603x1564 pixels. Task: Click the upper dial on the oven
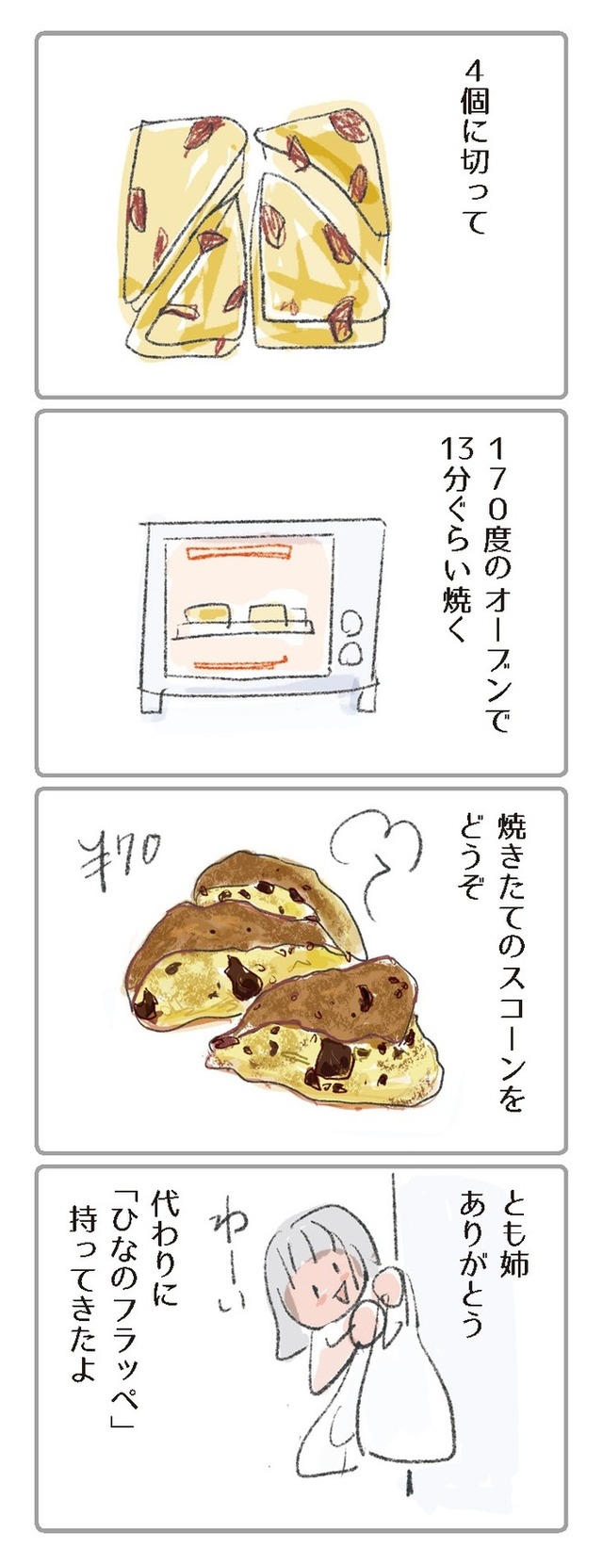click(351, 622)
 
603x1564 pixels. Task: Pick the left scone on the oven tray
click(206, 613)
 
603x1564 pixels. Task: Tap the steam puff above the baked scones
click(376, 848)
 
